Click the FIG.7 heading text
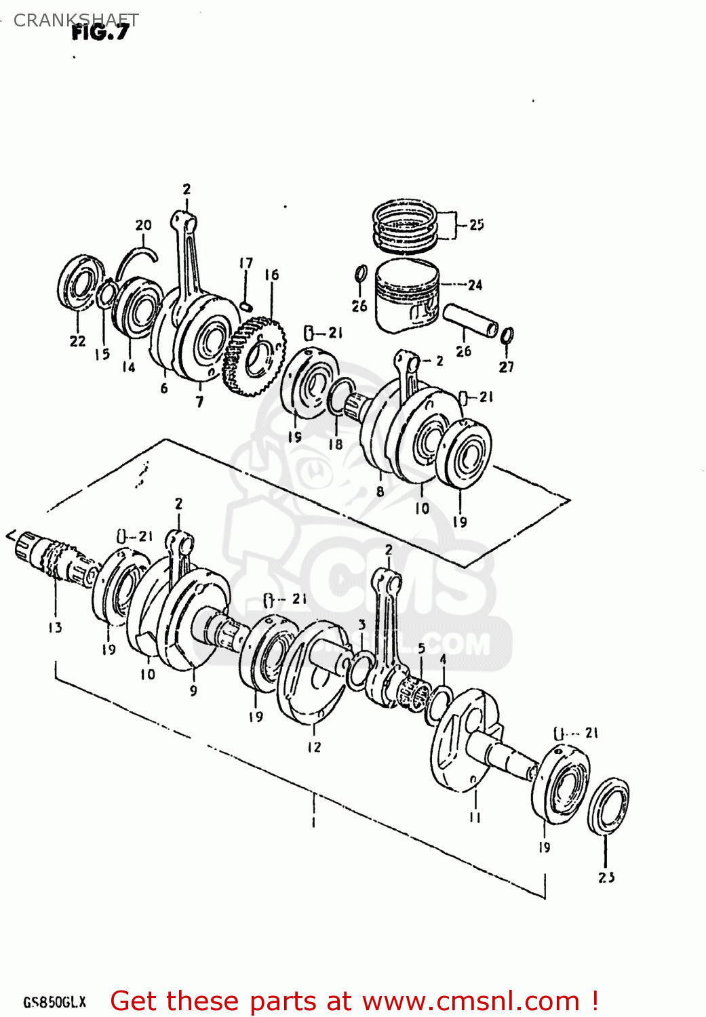pyautogui.click(x=100, y=32)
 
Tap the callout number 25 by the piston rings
pyautogui.click(x=476, y=224)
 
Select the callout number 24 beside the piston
pyautogui.click(x=475, y=285)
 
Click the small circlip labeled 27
pyautogui.click(x=507, y=335)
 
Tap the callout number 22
pyautogui.click(x=77, y=341)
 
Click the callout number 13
pyautogui.click(x=55, y=628)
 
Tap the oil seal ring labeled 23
pyautogui.click(x=608, y=806)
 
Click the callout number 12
pyautogui.click(x=313, y=747)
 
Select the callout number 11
pyautogui.click(x=475, y=818)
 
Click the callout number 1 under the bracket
pyautogui.click(x=313, y=823)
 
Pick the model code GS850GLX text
pyautogui.click(x=55, y=1002)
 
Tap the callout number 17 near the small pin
pyautogui.click(x=246, y=263)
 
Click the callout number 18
pyautogui.click(x=336, y=445)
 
